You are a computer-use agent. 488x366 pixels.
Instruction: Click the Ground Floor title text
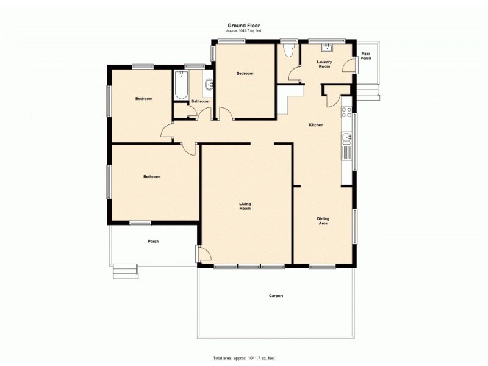244,25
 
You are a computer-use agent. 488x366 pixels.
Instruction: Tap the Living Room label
245,206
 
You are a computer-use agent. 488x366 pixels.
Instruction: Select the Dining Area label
323,221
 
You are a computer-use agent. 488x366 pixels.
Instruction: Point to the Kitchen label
316,125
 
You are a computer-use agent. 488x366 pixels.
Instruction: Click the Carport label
276,296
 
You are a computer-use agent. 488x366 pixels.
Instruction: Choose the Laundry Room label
324,64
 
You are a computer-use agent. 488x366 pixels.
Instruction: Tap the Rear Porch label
366,56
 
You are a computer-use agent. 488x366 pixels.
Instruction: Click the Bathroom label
201,101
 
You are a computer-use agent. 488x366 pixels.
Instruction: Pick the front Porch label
153,241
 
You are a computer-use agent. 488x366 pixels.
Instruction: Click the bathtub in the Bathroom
181,87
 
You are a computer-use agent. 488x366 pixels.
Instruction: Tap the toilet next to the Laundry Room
289,50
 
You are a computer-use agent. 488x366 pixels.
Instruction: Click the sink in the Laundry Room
328,48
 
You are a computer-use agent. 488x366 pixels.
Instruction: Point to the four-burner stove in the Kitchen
346,112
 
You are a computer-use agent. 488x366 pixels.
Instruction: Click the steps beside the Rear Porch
368,92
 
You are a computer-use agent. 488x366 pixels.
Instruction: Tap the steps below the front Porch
125,270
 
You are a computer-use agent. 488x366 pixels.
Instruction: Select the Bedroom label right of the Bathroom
245,73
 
